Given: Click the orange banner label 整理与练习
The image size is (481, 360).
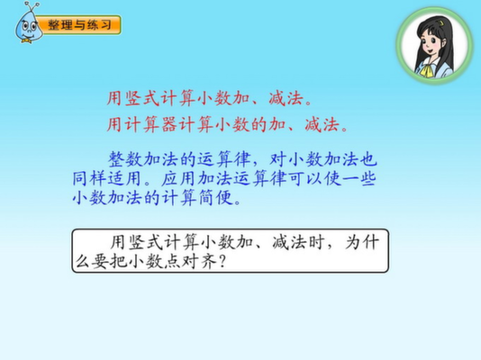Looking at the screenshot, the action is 79,25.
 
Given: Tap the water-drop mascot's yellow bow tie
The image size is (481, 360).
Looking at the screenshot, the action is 26,40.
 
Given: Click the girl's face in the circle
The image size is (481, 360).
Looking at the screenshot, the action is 431,45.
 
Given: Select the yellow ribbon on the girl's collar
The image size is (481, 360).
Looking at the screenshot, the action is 426,71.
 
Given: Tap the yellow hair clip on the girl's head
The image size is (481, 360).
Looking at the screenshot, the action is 440,23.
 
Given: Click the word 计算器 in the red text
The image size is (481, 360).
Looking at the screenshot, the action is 151,125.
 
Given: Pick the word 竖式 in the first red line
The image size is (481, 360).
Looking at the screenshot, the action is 142,98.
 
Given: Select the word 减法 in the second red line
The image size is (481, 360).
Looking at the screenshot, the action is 322,125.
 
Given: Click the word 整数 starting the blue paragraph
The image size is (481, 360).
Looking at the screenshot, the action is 125,159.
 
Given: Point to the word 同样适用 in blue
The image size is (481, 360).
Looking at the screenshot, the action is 106,178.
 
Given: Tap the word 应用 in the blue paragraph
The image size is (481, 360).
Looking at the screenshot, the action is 179,178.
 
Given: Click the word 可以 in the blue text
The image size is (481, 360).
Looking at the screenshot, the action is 304,178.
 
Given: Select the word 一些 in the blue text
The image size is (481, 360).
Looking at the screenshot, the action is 358,178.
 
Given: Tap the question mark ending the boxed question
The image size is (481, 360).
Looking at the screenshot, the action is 223,261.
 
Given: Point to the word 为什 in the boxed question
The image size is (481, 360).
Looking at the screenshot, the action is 362,242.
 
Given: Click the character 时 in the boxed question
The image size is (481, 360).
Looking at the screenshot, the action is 316,242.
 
